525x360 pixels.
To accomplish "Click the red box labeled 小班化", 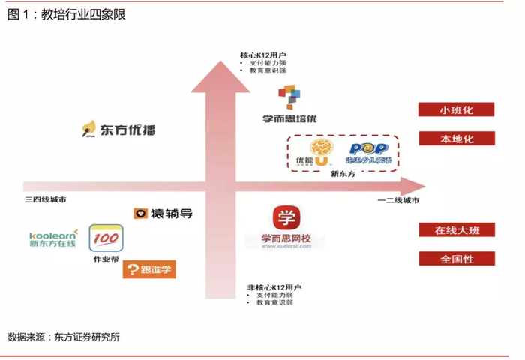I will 456,109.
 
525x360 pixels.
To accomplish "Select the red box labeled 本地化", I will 456,139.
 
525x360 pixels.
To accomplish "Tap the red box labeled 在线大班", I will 456,229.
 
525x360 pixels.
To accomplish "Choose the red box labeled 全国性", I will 456,259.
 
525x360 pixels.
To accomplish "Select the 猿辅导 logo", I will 163,214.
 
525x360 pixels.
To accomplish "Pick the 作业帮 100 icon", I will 105,238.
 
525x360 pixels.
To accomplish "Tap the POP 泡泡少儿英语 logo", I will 367,153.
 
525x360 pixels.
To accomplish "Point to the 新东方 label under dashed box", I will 342,174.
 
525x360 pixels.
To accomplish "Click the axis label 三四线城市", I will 46,200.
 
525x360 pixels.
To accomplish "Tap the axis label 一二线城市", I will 397,200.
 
